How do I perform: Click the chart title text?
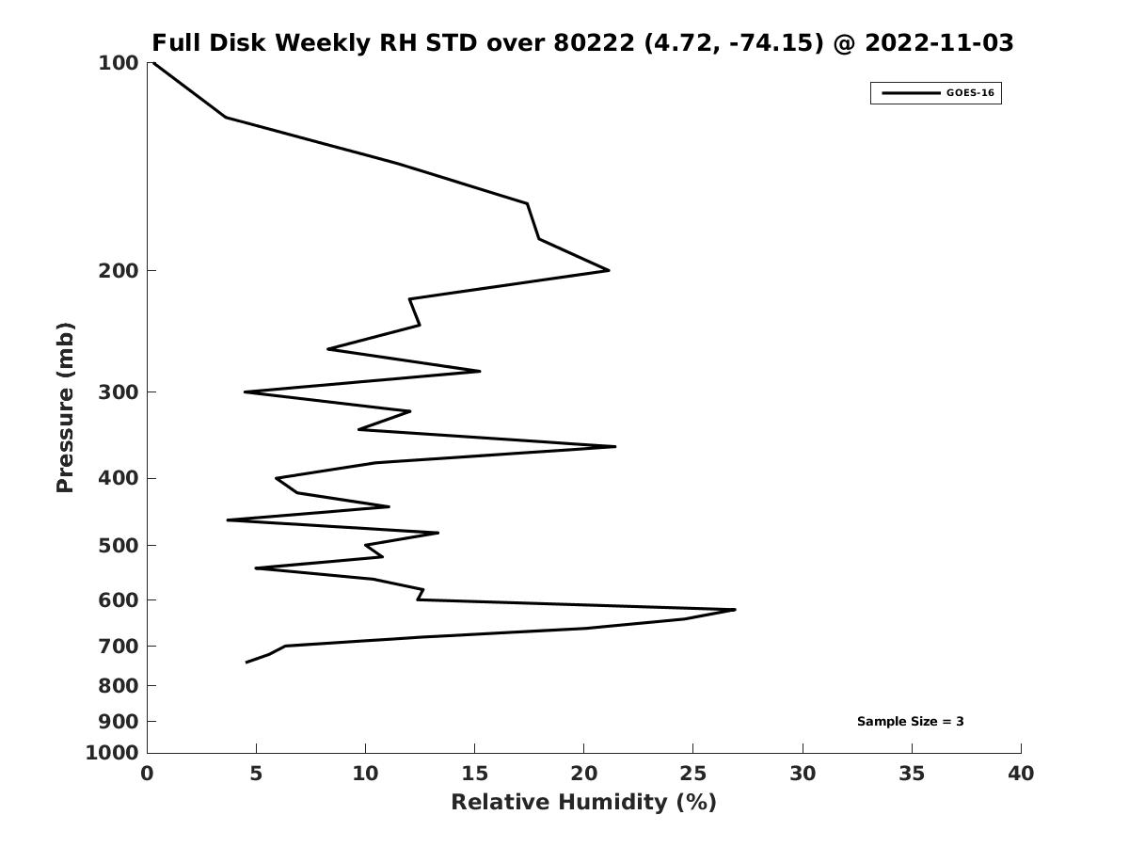pyautogui.click(x=582, y=43)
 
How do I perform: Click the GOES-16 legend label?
pyautogui.click(x=970, y=93)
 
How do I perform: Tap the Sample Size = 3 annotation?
pyautogui.click(x=910, y=722)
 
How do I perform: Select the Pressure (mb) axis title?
pyautogui.click(x=65, y=407)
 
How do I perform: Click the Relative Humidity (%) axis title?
pyautogui.click(x=583, y=802)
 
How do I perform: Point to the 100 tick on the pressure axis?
pyautogui.click(x=119, y=63)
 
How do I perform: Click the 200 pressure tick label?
pyautogui.click(x=119, y=271)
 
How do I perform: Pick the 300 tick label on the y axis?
pyautogui.click(x=119, y=392)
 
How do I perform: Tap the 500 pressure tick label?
pyautogui.click(x=119, y=546)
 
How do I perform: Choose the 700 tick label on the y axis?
pyautogui.click(x=119, y=647)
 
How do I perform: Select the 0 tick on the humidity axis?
pyautogui.click(x=147, y=774)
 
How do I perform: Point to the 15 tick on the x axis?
pyautogui.click(x=474, y=774)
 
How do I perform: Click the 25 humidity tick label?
pyautogui.click(x=692, y=774)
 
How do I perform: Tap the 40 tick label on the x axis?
pyautogui.click(x=1021, y=774)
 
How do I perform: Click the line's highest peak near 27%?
pyautogui.click(x=735, y=610)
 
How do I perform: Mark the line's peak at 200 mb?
pyautogui.click(x=609, y=270)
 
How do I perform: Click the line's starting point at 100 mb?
pyautogui.click(x=152, y=63)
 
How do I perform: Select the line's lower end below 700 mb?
pyautogui.click(x=246, y=663)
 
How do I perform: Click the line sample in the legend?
pyautogui.click(x=910, y=93)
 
